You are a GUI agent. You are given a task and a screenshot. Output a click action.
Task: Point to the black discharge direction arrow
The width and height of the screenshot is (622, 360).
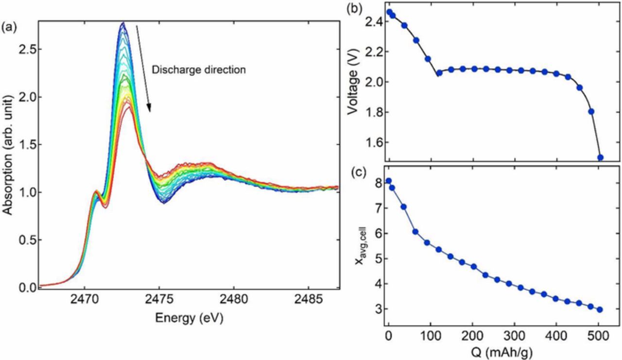click(x=143, y=68)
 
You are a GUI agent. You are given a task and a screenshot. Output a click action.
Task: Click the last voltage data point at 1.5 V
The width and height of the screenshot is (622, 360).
click(x=600, y=157)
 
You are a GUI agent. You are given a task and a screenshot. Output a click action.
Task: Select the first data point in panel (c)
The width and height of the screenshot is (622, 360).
click(x=388, y=181)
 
